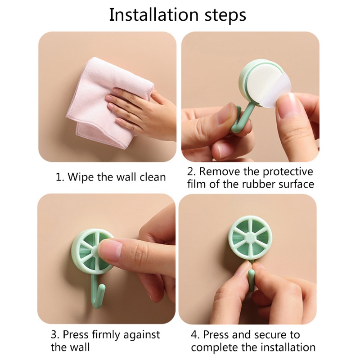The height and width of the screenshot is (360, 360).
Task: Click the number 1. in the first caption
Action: (x=59, y=177)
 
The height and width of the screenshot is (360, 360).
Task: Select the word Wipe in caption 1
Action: (x=80, y=177)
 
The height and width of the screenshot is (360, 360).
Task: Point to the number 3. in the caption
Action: (x=54, y=334)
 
